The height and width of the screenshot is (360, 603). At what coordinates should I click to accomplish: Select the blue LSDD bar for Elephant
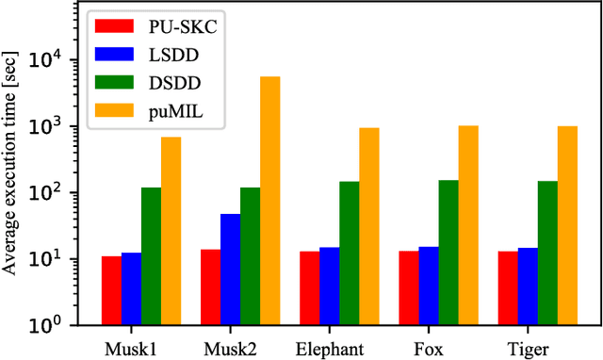tap(329, 286)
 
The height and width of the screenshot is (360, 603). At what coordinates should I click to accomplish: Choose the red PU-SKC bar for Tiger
tap(508, 287)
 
